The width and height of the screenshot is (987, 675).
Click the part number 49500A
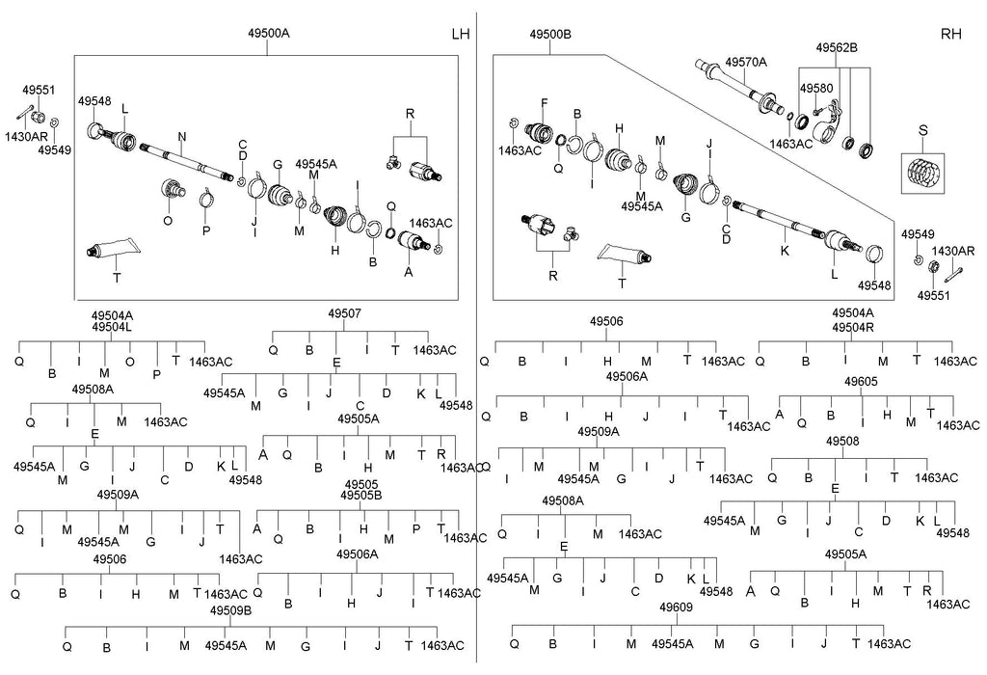268,34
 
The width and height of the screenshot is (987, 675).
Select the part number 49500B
550,34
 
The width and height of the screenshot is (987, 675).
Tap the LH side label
461,35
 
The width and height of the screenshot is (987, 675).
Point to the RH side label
950,35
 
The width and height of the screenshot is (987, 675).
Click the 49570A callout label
746,62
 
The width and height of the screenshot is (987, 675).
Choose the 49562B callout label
837,47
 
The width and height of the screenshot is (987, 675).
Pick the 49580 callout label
815,89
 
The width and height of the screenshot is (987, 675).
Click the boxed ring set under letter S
923,174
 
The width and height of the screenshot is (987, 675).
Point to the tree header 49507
344,314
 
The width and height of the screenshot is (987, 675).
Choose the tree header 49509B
230,610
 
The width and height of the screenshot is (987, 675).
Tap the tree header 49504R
853,327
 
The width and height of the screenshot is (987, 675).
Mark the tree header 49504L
113,327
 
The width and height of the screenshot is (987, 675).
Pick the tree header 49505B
361,496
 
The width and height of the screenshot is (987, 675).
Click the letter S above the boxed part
922,129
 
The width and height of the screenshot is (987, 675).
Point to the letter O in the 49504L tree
129,362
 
